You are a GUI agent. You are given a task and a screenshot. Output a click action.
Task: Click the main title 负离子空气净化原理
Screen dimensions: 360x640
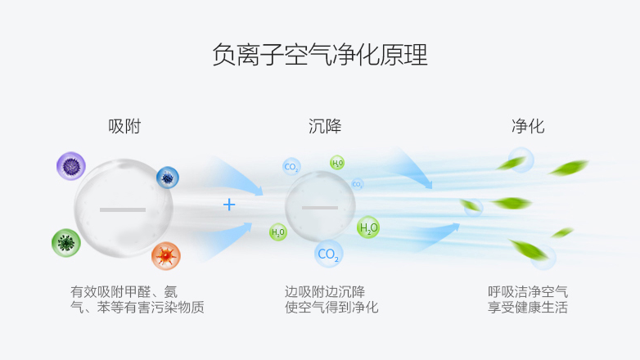[319, 55]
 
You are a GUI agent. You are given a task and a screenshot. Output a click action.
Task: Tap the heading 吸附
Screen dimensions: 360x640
[124, 127]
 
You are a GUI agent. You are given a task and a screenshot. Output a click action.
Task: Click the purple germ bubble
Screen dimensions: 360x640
[71, 167]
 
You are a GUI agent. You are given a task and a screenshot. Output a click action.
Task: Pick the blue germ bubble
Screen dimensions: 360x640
[167, 177]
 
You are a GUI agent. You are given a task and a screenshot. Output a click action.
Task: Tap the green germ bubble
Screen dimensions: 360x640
[66, 243]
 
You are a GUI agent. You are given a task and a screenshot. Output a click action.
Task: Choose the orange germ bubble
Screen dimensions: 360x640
[165, 256]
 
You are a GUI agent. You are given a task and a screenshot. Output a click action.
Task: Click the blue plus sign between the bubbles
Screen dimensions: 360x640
[229, 205]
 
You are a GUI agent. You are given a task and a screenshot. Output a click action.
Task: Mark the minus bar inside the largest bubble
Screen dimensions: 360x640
[123, 209]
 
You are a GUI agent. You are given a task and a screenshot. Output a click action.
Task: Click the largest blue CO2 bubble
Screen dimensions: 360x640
[328, 254]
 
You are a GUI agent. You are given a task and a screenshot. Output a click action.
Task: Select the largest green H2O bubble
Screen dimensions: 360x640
[368, 227]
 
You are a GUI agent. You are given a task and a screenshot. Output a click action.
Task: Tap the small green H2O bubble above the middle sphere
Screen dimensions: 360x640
[337, 163]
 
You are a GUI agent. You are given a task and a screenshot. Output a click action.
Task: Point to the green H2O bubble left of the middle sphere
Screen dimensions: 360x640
[278, 232]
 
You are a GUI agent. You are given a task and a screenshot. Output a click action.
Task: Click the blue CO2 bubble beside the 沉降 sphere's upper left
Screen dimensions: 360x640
[291, 167]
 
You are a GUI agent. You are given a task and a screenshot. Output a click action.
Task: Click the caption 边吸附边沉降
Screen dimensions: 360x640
[325, 291]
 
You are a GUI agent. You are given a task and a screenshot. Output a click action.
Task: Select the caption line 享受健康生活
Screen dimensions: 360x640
[527, 308]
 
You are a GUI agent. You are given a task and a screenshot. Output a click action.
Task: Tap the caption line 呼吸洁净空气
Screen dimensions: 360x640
[527, 291]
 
